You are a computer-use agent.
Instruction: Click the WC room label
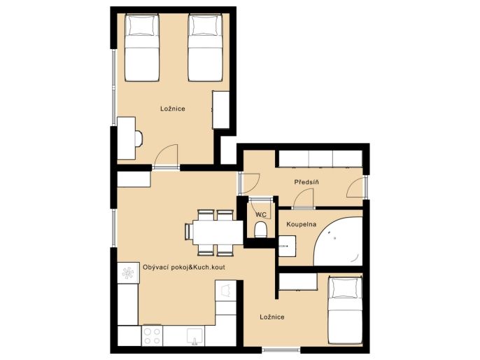[x=261, y=214]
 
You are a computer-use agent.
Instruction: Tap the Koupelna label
[x=301, y=224]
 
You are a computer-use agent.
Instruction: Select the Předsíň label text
[x=306, y=182]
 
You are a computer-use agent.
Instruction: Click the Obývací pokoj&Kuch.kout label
[x=183, y=267]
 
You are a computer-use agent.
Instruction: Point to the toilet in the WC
[x=261, y=230]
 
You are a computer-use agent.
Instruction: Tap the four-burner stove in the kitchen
[x=152, y=335]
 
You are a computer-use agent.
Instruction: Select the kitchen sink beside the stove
[x=194, y=336]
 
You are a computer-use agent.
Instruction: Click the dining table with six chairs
[x=214, y=233]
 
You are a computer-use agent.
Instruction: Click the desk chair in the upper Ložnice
[x=139, y=139]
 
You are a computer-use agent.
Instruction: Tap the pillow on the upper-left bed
[x=142, y=26]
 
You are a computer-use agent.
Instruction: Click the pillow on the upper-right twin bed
[x=204, y=26]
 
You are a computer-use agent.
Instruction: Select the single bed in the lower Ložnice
[x=345, y=310]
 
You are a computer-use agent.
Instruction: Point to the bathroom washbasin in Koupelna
[x=287, y=246]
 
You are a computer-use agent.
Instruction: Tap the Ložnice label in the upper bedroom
[x=173, y=109]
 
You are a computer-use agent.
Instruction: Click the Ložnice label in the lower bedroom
[x=272, y=317]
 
